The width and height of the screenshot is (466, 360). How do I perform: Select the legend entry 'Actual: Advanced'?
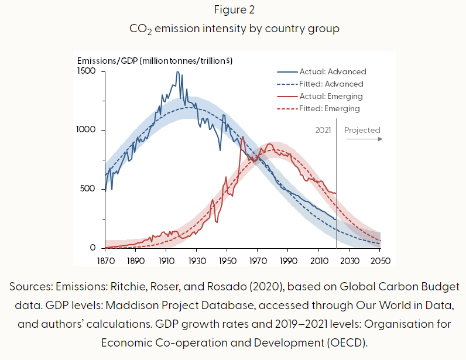[x=333, y=71]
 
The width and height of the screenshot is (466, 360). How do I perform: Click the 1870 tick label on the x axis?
[x=105, y=260]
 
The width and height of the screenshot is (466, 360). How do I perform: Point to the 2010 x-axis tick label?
[x=319, y=260]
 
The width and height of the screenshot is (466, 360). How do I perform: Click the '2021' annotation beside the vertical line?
[x=323, y=130]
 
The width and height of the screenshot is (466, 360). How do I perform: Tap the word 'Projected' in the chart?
[x=362, y=130]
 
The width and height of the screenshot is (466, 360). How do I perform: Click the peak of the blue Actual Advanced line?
[x=178, y=73]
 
